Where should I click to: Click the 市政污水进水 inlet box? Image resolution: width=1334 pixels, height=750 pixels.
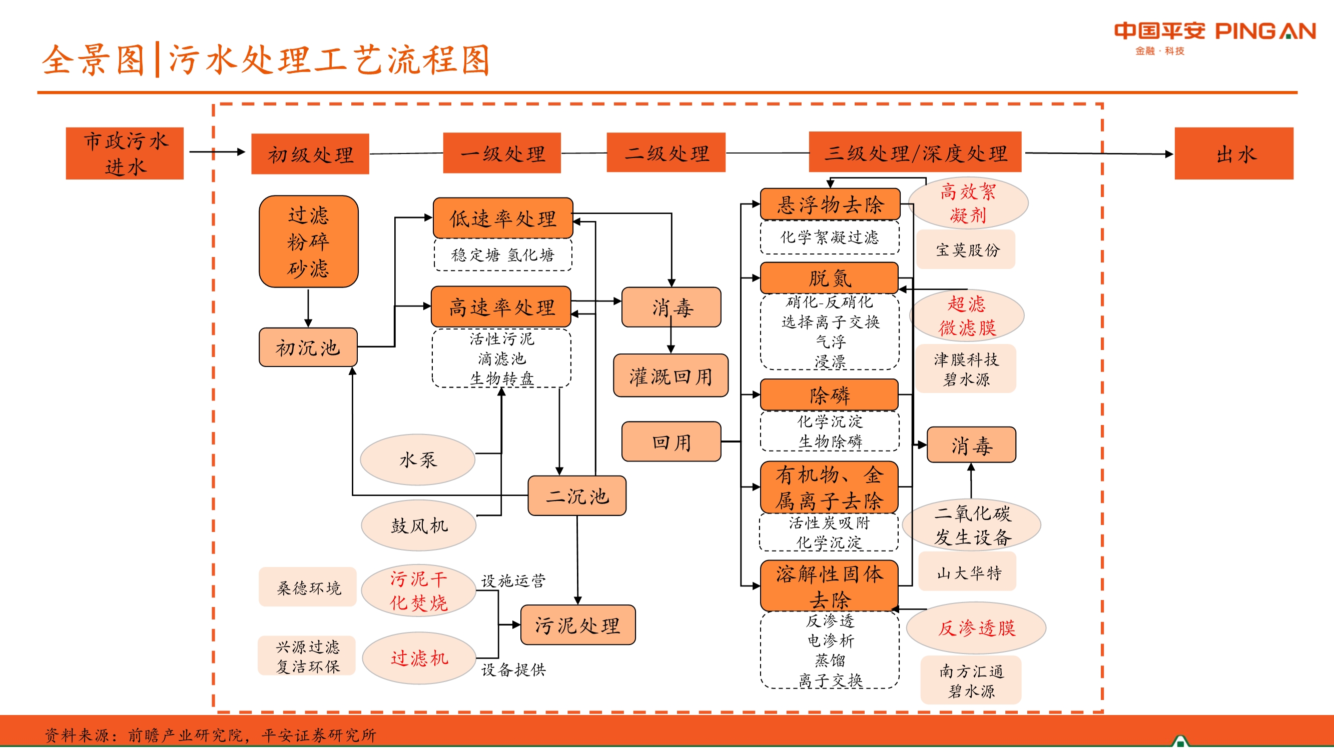[125, 153]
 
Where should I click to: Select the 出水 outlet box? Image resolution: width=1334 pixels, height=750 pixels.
[1233, 153]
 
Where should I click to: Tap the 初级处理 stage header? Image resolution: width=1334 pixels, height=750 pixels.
[310, 153]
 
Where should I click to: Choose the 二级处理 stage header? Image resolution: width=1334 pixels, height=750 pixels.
[665, 152]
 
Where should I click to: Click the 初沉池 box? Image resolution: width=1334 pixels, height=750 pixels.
[308, 347]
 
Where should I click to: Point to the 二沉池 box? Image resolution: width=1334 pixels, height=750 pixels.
[576, 496]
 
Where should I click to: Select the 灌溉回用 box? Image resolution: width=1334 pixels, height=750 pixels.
[670, 376]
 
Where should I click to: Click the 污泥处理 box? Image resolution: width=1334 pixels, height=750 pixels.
[577, 624]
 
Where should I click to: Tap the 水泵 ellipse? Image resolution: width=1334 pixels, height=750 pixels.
[417, 459]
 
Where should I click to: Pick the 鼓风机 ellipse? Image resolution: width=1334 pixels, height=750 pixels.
[418, 525]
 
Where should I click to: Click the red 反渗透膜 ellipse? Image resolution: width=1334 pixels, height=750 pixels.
[976, 628]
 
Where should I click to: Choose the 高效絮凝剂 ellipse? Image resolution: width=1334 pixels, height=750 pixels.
[968, 203]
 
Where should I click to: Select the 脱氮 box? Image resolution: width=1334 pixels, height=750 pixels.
[829, 278]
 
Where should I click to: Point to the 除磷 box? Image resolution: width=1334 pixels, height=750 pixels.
[829, 395]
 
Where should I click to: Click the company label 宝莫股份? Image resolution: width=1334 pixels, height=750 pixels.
[966, 250]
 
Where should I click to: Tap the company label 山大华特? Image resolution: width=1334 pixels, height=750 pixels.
[967, 572]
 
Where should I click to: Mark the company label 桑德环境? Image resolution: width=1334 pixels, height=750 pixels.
[308, 587]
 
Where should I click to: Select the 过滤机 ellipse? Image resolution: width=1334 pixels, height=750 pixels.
[418, 658]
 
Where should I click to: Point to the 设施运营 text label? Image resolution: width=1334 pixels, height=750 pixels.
[513, 580]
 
